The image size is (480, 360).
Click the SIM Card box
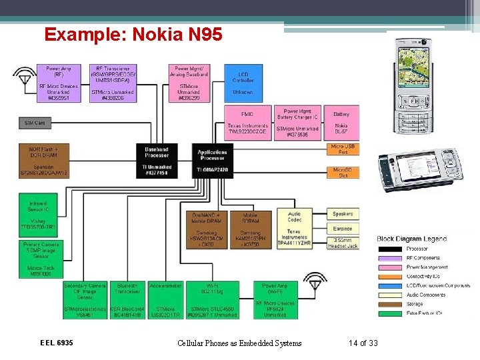coord(35,123)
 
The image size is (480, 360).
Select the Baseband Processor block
coord(156,161)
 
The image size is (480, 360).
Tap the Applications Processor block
coord(212,161)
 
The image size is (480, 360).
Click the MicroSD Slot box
coord(343,173)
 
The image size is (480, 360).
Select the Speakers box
coord(343,213)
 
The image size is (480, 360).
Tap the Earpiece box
coord(343,228)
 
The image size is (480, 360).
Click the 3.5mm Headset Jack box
coord(343,243)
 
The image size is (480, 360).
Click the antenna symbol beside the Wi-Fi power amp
coord(315,281)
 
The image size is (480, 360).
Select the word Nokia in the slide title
coord(158,33)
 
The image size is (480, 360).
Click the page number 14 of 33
coord(363,343)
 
